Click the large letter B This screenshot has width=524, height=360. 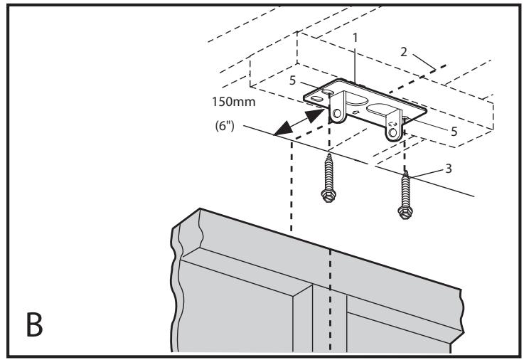[x=34, y=324]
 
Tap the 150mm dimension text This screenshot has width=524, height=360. [x=234, y=102]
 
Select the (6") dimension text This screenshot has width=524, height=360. [x=225, y=126]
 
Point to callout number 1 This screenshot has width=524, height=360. [x=355, y=38]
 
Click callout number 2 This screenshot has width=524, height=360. [x=404, y=52]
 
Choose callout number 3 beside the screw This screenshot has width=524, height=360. [x=449, y=169]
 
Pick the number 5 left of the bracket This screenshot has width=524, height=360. [x=292, y=80]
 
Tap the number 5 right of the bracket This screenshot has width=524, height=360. [x=454, y=132]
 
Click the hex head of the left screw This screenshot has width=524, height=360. [x=328, y=195]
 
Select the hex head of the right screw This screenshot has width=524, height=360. [x=405, y=212]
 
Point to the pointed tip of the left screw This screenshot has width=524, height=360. [x=329, y=155]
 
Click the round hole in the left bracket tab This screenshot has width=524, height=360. [x=337, y=113]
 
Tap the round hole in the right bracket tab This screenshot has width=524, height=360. [x=393, y=133]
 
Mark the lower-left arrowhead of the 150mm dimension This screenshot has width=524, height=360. [x=282, y=129]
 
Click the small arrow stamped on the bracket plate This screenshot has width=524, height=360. [x=355, y=112]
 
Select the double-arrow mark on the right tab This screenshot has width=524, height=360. [x=392, y=123]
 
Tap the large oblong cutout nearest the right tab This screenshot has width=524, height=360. [x=382, y=110]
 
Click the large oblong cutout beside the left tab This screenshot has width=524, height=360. [x=355, y=100]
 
